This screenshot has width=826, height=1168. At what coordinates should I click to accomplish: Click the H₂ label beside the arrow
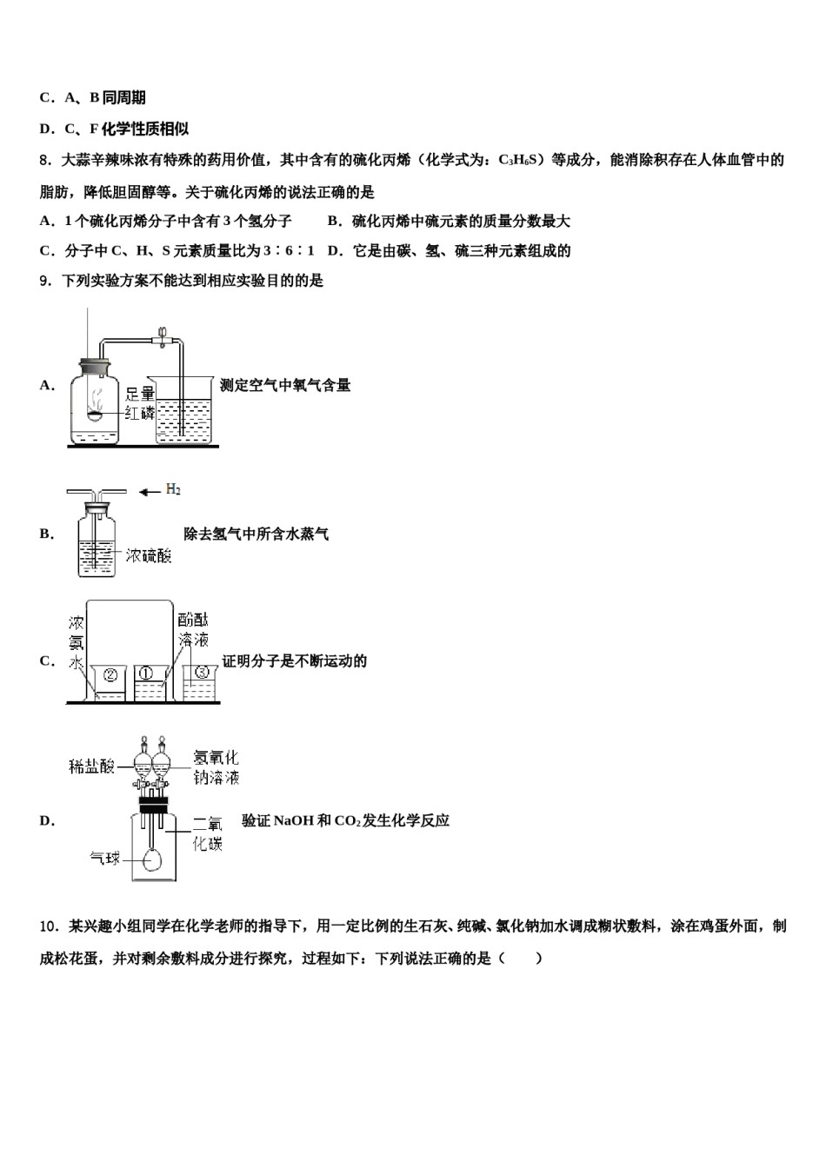click(x=173, y=490)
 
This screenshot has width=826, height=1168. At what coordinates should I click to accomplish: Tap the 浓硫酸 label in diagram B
click(x=148, y=554)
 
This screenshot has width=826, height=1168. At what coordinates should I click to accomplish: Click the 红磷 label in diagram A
click(x=139, y=413)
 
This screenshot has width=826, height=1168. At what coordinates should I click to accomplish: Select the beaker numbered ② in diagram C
click(x=110, y=683)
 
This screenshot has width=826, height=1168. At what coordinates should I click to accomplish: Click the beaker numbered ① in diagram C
click(x=148, y=683)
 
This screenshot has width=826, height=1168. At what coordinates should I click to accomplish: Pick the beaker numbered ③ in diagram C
click(x=200, y=682)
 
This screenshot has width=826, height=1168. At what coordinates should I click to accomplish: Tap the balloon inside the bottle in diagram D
click(x=153, y=859)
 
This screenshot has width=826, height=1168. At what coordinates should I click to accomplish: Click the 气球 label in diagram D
click(x=105, y=859)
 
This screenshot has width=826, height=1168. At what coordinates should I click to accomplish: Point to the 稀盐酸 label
click(x=91, y=766)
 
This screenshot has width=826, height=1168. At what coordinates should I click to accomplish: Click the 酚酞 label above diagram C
click(x=192, y=620)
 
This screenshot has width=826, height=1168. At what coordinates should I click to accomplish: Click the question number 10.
click(x=50, y=926)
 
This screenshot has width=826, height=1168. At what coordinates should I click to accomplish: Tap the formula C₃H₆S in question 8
click(x=520, y=160)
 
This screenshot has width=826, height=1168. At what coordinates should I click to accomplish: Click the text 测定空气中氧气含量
click(x=285, y=385)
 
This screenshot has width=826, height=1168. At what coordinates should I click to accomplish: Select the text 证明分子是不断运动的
click(x=294, y=661)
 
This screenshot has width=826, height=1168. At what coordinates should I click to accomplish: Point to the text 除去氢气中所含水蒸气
click(x=256, y=534)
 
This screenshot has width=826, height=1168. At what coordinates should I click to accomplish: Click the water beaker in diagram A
click(x=183, y=413)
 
